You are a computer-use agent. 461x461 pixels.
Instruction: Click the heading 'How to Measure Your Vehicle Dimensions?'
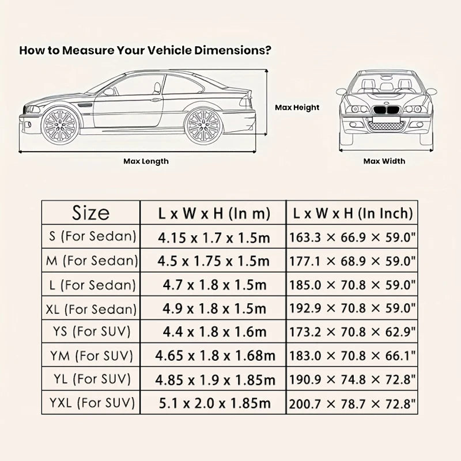[145, 50]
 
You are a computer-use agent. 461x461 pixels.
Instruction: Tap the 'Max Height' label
[297, 107]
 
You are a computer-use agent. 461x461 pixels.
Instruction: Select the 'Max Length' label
[146, 161]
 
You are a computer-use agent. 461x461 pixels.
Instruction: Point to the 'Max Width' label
[384, 161]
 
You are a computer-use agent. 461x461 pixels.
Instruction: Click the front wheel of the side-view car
[60, 125]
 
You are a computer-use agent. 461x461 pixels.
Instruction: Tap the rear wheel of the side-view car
[203, 125]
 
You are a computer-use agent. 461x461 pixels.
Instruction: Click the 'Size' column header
[90, 213]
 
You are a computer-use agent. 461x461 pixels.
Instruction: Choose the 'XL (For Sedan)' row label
[90, 308]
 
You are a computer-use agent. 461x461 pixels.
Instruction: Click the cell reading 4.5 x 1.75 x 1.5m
[214, 260]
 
